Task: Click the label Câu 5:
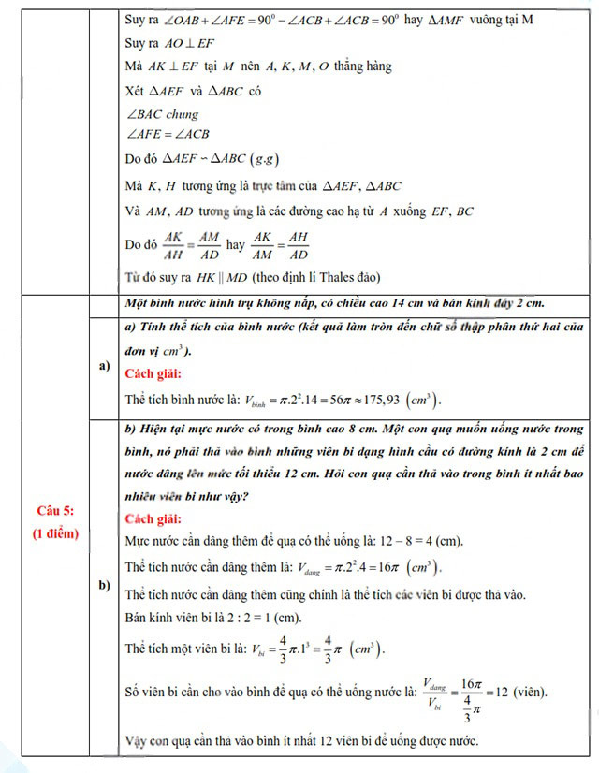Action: (55, 510)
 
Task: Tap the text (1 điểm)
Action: (55, 533)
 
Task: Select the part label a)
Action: (104, 366)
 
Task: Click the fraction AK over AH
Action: (172, 244)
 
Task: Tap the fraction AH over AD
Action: (299, 244)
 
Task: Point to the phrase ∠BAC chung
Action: (161, 114)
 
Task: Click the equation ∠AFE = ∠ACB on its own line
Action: (168, 134)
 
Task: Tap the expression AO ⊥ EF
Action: (190, 43)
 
